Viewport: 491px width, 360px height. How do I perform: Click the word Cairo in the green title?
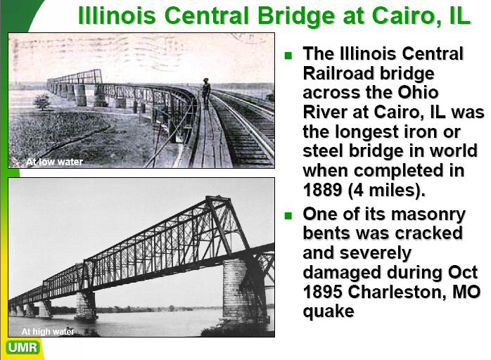[402, 15]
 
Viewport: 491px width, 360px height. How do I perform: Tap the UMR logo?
[23, 347]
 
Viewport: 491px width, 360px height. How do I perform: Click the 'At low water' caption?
[54, 162]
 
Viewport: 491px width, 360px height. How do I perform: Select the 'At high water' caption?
[48, 331]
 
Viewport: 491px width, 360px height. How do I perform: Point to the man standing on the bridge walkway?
[206, 93]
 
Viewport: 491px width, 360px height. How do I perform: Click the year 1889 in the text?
[323, 190]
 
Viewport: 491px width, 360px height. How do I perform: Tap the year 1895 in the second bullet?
[323, 292]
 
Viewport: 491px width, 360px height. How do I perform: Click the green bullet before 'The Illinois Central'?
[288, 56]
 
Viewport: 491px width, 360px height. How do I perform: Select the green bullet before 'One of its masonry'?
[288, 215]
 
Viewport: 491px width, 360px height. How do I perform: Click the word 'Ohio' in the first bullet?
[418, 93]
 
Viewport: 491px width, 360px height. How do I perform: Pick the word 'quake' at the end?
[329, 312]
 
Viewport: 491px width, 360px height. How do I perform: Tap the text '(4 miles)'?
[387, 191]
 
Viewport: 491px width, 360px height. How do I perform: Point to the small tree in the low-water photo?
[42, 102]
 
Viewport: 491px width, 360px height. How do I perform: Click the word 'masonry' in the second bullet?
[428, 214]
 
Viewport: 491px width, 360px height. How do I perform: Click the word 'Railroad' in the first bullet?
[337, 73]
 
